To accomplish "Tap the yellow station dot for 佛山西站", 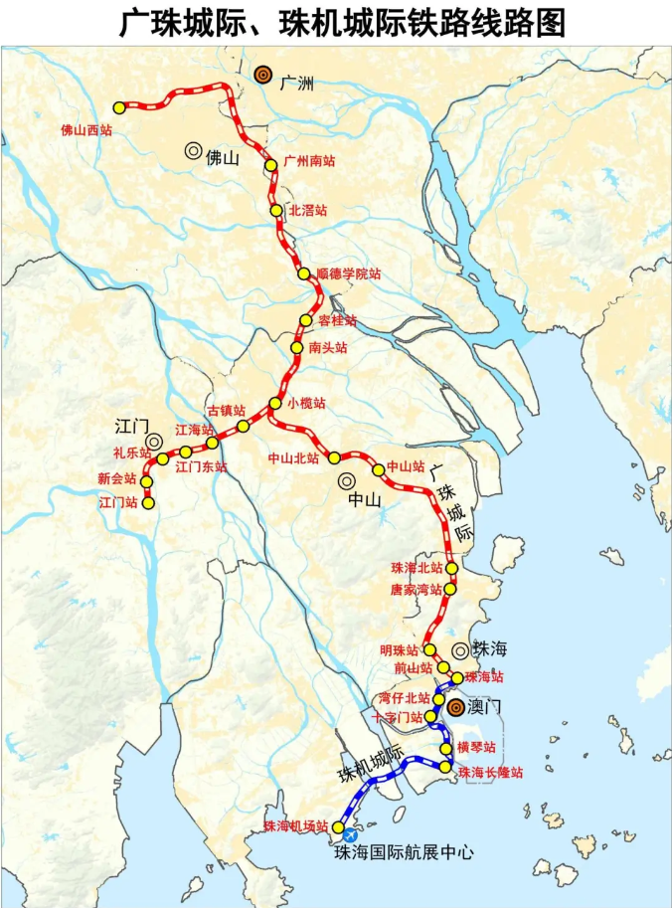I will (119, 107).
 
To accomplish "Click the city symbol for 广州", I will (262, 74).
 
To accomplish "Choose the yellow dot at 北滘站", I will (276, 211).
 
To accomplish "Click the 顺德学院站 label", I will (348, 273).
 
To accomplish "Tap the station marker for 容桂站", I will (307, 321).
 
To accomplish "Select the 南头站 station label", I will (328, 348).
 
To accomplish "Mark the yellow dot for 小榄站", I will (275, 404).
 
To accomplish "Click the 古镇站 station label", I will (226, 410).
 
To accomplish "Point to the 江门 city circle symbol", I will (154, 442).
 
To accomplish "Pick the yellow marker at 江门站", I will (148, 503).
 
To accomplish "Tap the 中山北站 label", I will (293, 458).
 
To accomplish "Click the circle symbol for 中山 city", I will (347, 480).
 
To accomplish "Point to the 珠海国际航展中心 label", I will (404, 852).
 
